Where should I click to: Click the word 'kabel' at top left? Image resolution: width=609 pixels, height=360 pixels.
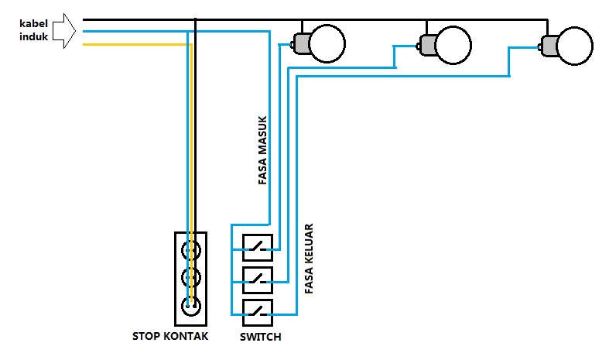pos(34,22)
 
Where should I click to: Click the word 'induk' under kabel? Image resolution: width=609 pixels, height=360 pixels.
pos(34,36)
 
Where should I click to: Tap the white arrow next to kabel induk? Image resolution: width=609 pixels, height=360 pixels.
pos(69,31)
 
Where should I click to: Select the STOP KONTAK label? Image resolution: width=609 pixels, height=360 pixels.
pos(170,337)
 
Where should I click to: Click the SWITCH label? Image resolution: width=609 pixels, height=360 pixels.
pos(261,337)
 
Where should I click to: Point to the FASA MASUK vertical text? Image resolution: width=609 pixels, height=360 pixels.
pos(262,151)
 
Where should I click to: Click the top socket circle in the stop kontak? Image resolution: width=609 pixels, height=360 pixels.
pos(190,250)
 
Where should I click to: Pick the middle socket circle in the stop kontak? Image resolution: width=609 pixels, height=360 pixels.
pos(190,277)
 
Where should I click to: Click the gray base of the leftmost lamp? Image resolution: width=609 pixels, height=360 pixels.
pos(301,44)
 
